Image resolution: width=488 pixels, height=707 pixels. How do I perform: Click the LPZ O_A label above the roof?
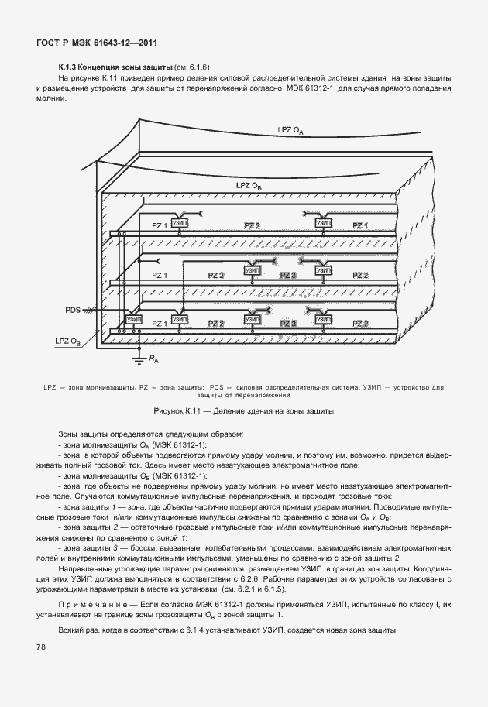pyautogui.click(x=290, y=130)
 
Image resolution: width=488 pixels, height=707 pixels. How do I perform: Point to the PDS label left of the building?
pyautogui.click(x=74, y=310)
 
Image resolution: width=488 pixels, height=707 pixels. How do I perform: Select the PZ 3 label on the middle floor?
pyautogui.click(x=288, y=275)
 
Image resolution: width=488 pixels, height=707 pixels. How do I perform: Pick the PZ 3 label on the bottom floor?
pyautogui.click(x=288, y=323)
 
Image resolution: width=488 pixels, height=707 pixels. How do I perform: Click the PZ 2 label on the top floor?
pyautogui.click(x=253, y=225)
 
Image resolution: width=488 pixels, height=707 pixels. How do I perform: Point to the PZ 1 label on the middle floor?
pyautogui.click(x=160, y=275)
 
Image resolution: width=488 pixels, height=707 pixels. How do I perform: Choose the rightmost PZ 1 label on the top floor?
pyautogui.click(x=361, y=225)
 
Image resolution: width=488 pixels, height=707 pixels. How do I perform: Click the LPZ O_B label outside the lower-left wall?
pyautogui.click(x=67, y=340)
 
